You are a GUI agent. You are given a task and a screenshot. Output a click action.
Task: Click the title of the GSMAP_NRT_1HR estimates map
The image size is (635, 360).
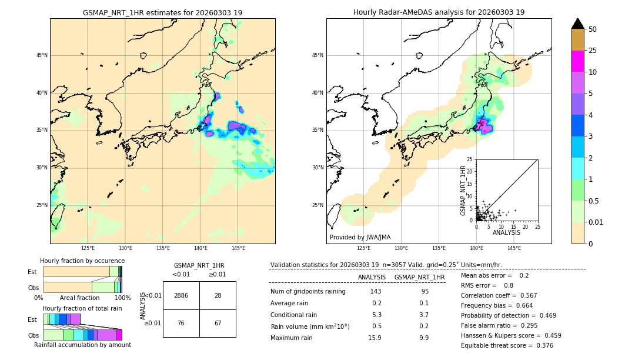click(162, 12)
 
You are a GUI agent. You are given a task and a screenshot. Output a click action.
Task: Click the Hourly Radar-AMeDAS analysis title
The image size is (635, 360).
click(439, 12)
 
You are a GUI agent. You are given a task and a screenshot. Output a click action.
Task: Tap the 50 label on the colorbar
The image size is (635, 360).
click(593, 29)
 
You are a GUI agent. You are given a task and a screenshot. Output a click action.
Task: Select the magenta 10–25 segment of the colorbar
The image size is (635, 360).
click(577, 61)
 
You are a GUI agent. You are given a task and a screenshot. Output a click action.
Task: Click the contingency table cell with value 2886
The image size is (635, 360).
click(181, 295)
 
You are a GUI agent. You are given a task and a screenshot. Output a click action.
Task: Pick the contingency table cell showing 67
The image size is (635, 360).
click(218, 323)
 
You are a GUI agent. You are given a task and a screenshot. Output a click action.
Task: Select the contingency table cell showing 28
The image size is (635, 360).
click(218, 295)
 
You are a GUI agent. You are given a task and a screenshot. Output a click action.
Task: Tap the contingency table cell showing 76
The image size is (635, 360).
click(181, 323)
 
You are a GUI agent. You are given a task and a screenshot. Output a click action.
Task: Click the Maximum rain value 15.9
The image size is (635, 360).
click(375, 338)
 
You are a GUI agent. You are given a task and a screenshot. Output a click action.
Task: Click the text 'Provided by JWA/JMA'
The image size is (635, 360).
click(360, 237)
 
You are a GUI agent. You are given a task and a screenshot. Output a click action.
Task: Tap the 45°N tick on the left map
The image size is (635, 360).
click(42, 55)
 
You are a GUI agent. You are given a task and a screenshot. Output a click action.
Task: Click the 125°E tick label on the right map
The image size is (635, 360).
click(364, 248)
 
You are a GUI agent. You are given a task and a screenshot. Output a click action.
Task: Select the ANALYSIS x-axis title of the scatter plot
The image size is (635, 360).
click(506, 232)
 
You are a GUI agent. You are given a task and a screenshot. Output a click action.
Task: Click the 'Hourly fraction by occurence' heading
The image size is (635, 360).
click(82, 261)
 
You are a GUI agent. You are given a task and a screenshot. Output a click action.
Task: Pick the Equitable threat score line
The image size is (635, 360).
click(507, 345)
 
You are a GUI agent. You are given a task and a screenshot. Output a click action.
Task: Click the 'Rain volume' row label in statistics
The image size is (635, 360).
click(310, 326)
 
